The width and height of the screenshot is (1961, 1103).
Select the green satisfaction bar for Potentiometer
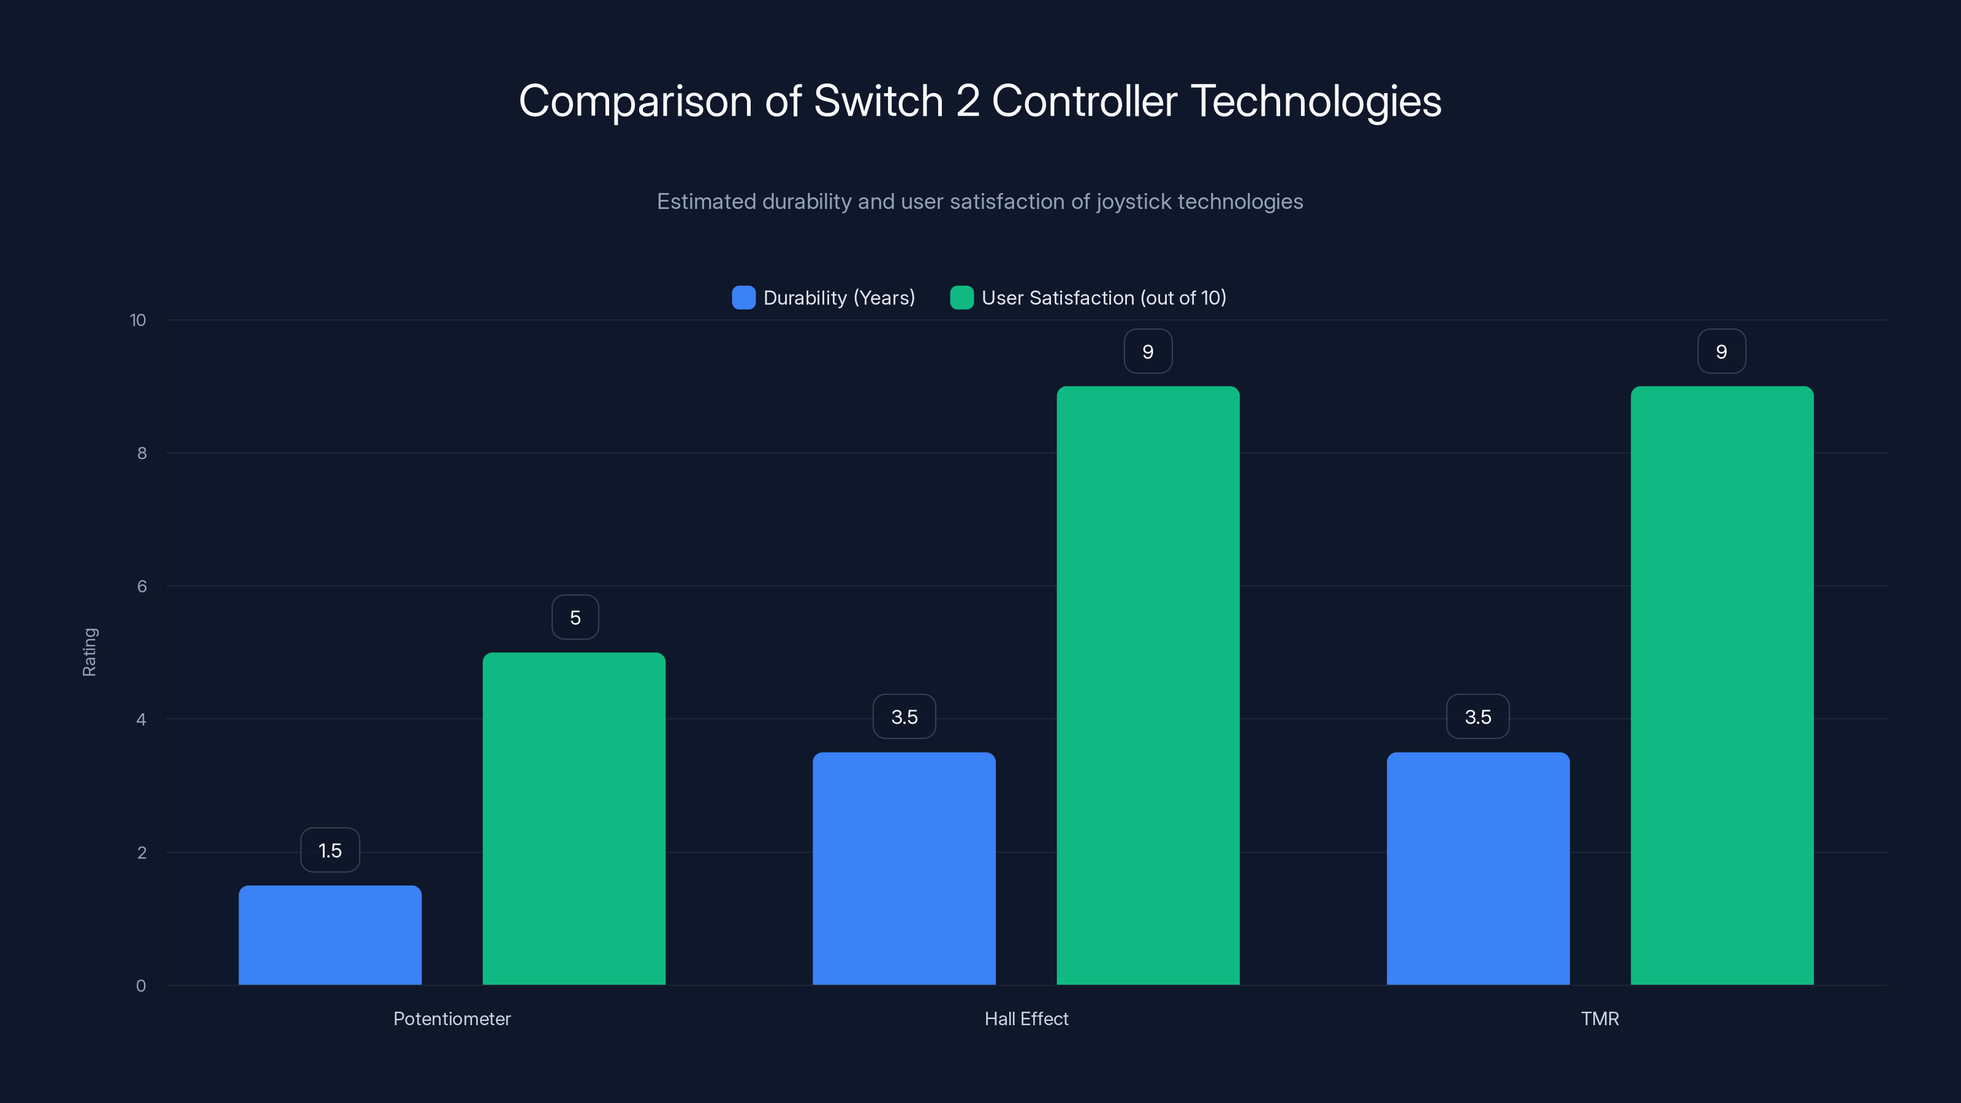(x=574, y=818)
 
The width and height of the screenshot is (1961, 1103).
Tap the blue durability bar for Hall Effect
(x=904, y=868)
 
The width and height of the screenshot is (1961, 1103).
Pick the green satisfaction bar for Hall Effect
(x=1148, y=685)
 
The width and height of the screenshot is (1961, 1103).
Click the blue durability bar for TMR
(x=1477, y=868)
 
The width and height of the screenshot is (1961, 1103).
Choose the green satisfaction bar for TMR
(x=1722, y=685)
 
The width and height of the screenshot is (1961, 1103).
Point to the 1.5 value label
(x=330, y=851)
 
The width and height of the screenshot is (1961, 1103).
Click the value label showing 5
(x=575, y=617)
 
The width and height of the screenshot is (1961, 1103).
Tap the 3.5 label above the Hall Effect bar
(x=905, y=717)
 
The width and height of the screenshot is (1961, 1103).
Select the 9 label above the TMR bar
(x=1721, y=352)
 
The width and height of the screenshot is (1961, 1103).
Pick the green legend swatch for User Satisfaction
(x=962, y=298)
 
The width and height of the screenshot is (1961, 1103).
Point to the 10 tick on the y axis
(x=138, y=320)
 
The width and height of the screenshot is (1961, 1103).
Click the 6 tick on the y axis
(x=142, y=586)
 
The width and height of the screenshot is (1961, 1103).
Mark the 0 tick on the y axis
(x=141, y=986)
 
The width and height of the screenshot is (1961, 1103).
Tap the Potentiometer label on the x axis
(x=452, y=1018)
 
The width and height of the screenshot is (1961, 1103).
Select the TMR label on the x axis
(x=1599, y=1018)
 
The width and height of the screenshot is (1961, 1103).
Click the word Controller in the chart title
(x=1084, y=101)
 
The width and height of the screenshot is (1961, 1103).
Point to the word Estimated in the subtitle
(x=706, y=202)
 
